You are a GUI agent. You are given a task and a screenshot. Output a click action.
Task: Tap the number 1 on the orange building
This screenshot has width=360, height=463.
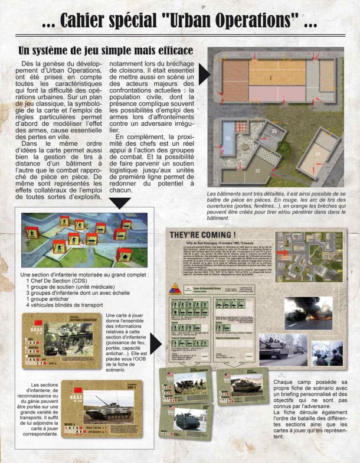click(270, 77)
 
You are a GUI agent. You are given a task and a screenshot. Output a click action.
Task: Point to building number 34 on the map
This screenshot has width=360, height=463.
click(317, 154)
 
